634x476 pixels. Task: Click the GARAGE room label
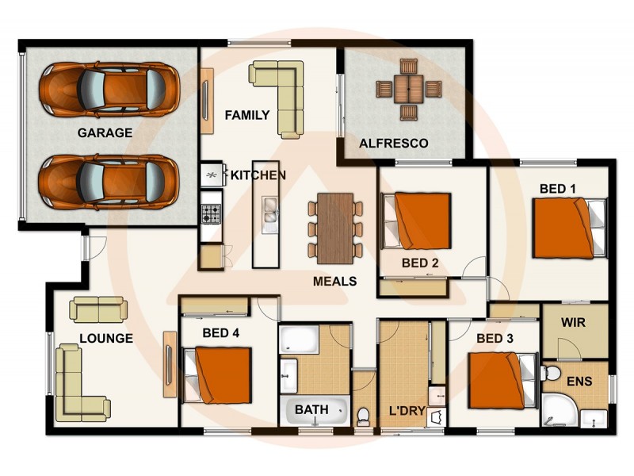pos(105,132)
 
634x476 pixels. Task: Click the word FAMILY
pos(246,115)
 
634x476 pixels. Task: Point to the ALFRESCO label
pos(394,144)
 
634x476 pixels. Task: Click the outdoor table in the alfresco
pos(409,89)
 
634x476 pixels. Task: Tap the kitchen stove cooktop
pos(211,213)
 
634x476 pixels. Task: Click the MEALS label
pos(334,281)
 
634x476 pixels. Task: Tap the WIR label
pos(573,324)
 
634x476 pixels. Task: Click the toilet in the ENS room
pos(552,374)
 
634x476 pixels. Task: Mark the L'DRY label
pos(408,412)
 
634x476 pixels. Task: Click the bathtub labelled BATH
pos(315,410)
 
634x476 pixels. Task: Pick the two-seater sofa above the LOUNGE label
pos(97,309)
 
